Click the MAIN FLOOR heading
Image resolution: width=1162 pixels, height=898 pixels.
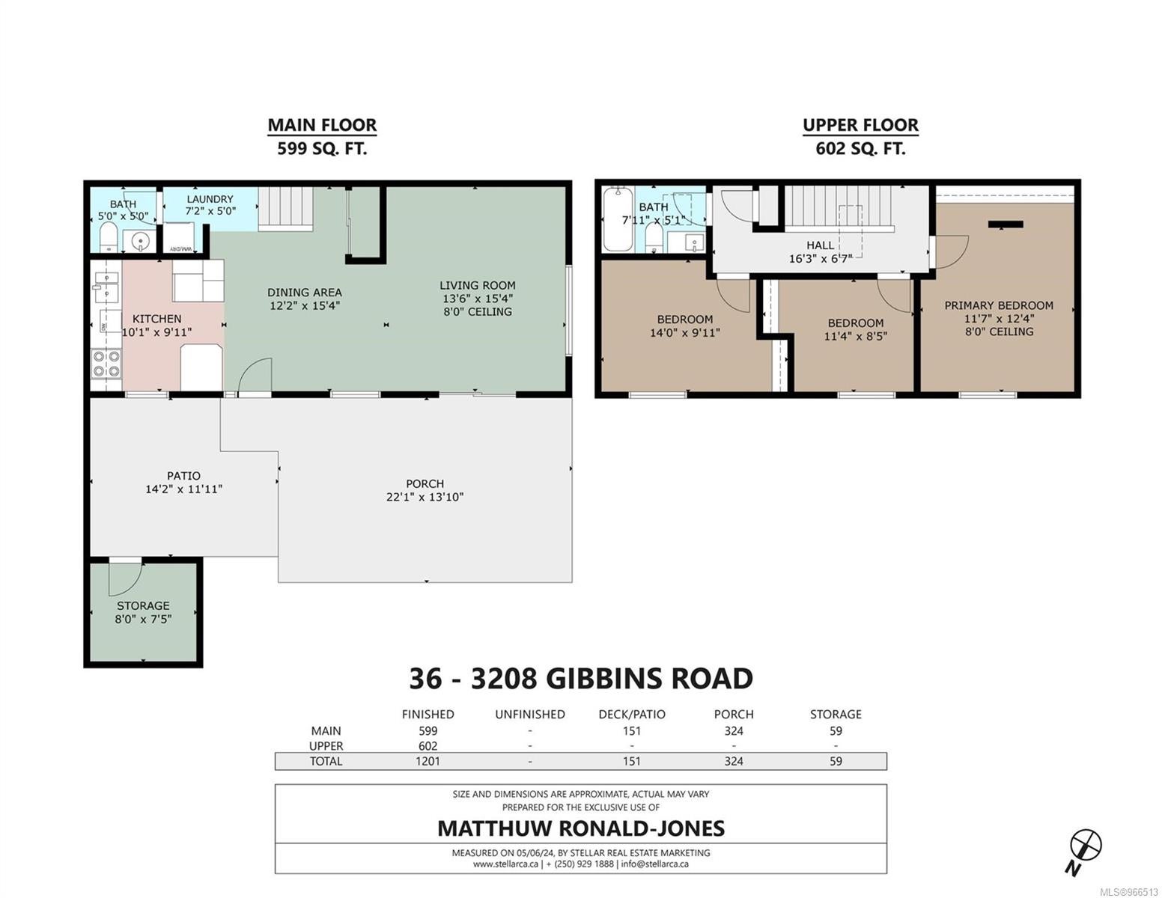pyautogui.click(x=321, y=125)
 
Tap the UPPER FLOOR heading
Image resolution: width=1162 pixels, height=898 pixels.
pyautogui.click(x=860, y=125)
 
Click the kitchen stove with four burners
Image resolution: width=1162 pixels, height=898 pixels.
pyautogui.click(x=106, y=363)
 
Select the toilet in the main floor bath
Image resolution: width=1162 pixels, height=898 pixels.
pyautogui.click(x=109, y=236)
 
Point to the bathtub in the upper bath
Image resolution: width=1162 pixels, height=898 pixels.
pyautogui.click(x=617, y=219)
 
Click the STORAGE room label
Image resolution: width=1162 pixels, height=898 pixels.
pyautogui.click(x=143, y=606)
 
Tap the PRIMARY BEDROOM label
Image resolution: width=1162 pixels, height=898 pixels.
pyautogui.click(x=998, y=305)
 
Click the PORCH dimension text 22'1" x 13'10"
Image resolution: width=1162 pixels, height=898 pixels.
pyautogui.click(x=425, y=497)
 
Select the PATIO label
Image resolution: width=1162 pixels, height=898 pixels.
pyautogui.click(x=183, y=475)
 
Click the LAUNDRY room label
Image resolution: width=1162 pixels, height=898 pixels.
pyautogui.click(x=210, y=199)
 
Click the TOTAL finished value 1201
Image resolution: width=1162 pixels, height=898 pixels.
pyautogui.click(x=428, y=761)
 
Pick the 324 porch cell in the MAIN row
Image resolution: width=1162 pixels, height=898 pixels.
pyautogui.click(x=733, y=731)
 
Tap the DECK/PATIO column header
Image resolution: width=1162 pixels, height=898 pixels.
pyautogui.click(x=631, y=714)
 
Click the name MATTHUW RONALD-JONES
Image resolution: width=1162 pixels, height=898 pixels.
pyautogui.click(x=581, y=828)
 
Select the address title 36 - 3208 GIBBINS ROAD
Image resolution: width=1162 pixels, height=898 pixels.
pyautogui.click(x=581, y=679)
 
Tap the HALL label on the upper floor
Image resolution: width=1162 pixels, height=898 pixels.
pyautogui.click(x=820, y=245)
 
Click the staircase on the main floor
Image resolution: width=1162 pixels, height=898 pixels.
pyautogui.click(x=285, y=208)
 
